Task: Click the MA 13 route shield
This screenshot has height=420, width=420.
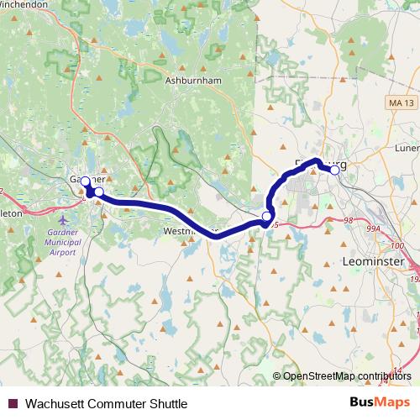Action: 402,102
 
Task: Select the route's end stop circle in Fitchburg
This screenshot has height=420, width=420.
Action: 334,170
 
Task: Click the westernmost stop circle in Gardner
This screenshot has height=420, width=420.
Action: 85,181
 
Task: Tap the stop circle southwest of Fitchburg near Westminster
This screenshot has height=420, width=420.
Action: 267,218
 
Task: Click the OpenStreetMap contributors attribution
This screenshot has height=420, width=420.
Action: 348,376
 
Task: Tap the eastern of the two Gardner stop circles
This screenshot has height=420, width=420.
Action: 99,192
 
